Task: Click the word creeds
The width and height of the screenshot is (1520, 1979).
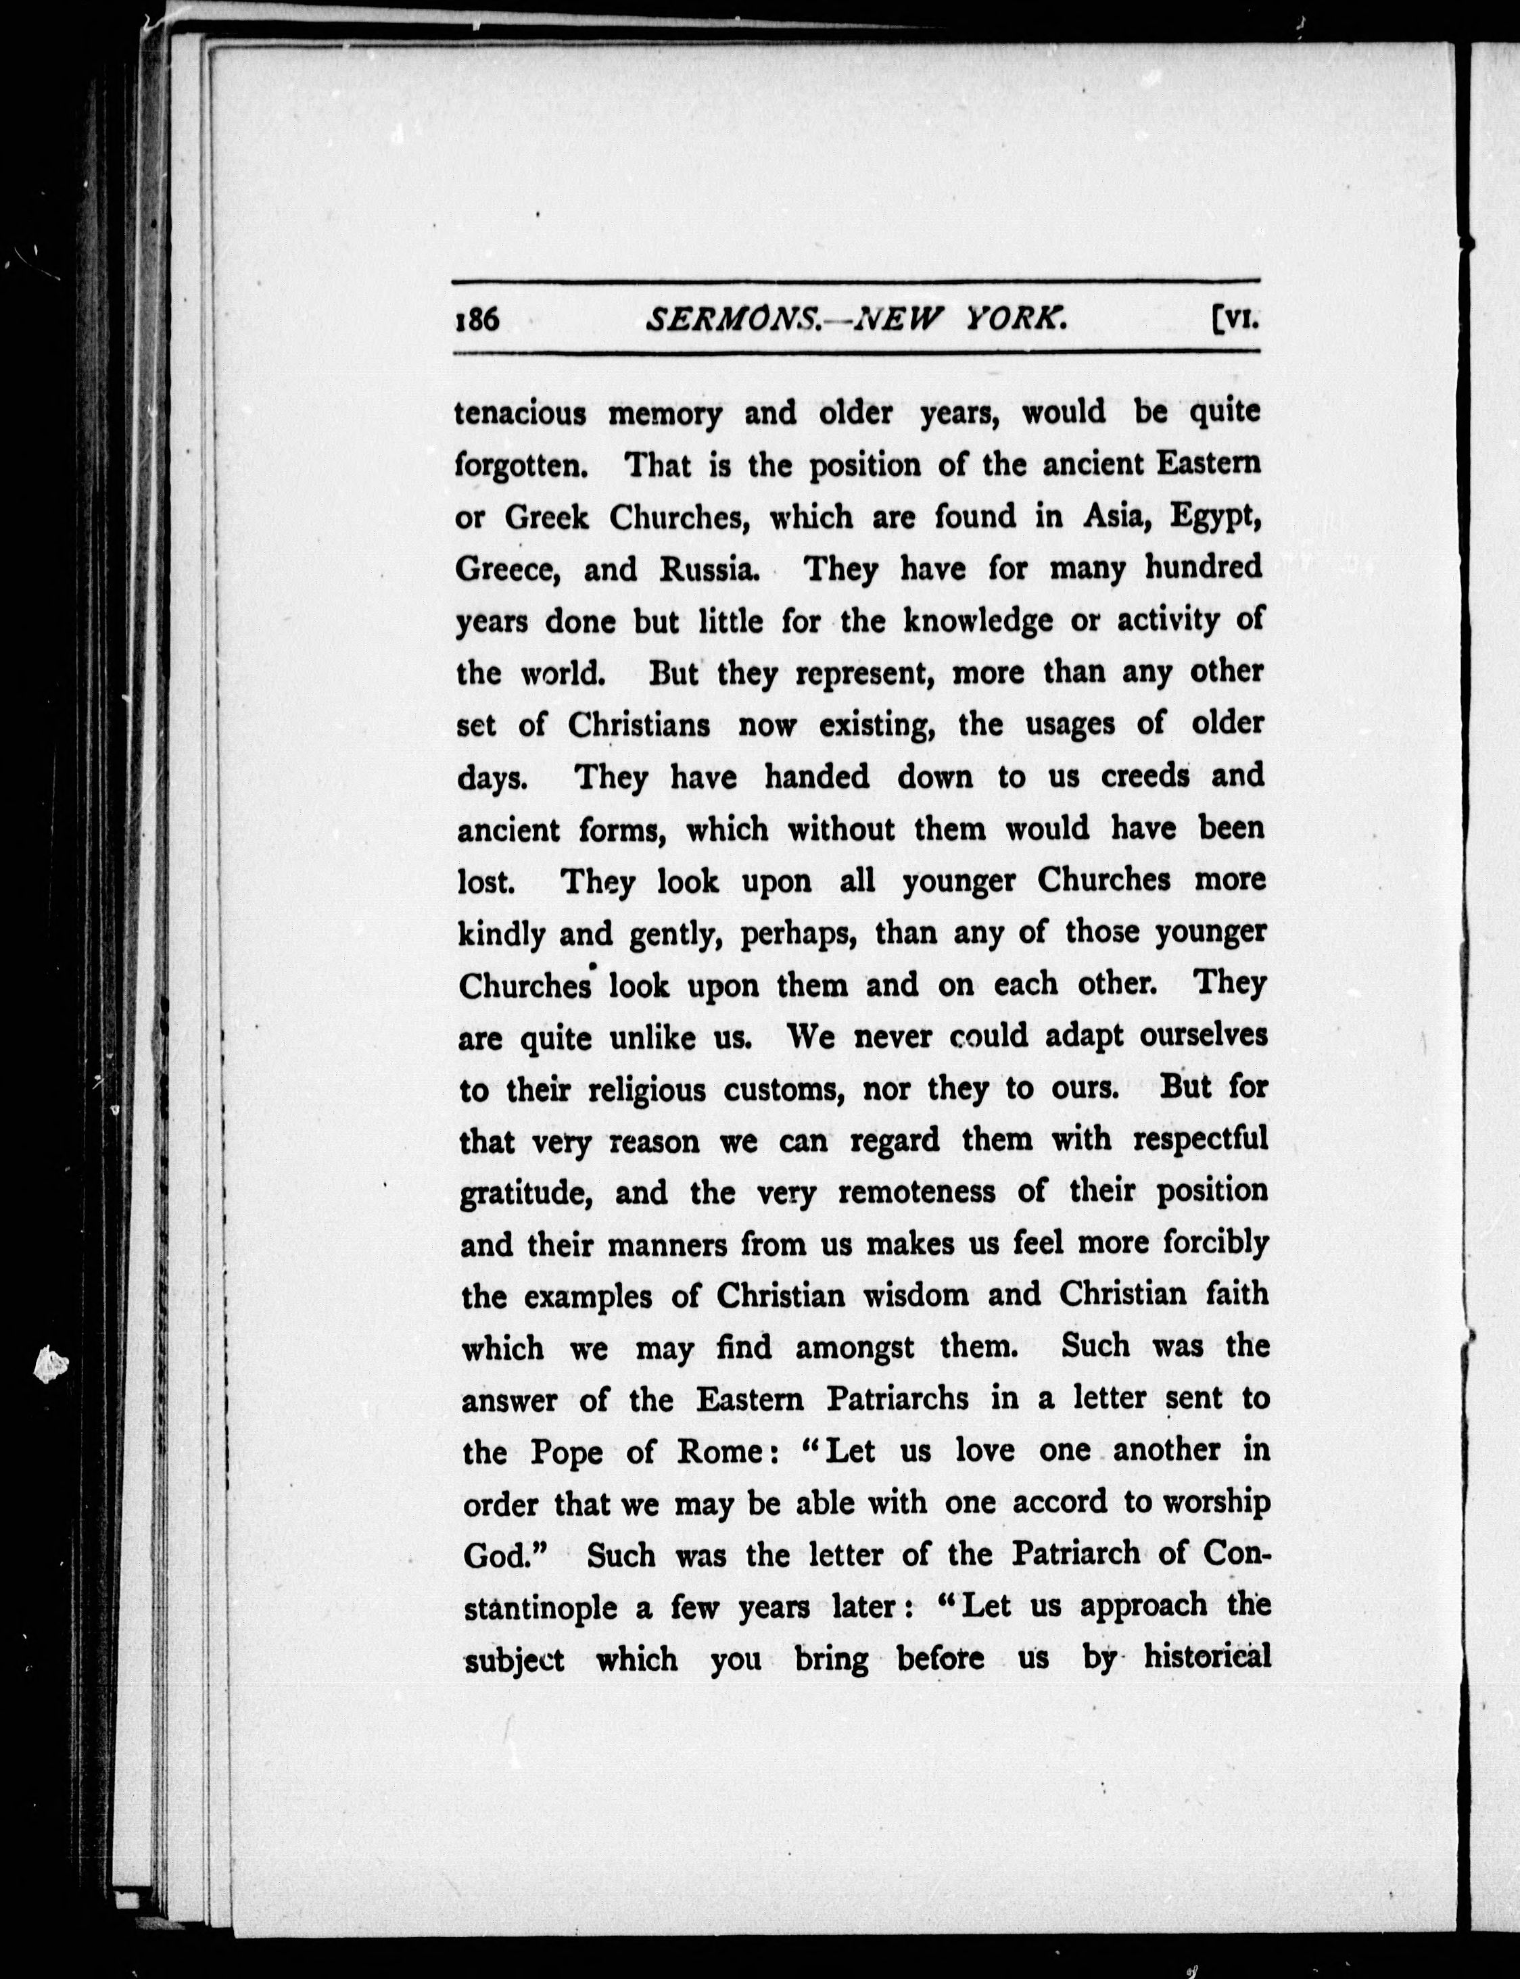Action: (x=1145, y=777)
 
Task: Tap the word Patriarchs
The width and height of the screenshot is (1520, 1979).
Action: (x=897, y=1400)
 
